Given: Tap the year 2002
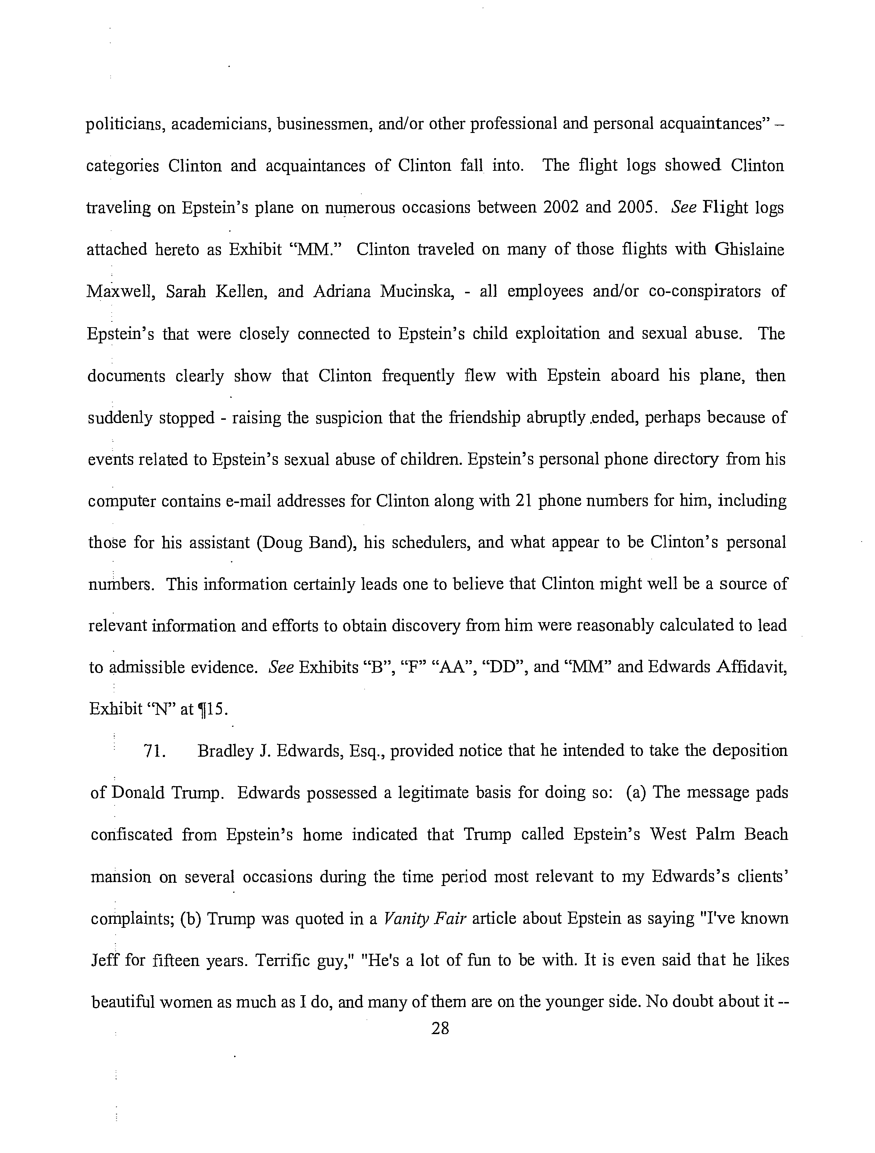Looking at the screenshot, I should click(560, 208).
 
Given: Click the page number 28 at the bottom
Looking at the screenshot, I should click(440, 1028).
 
